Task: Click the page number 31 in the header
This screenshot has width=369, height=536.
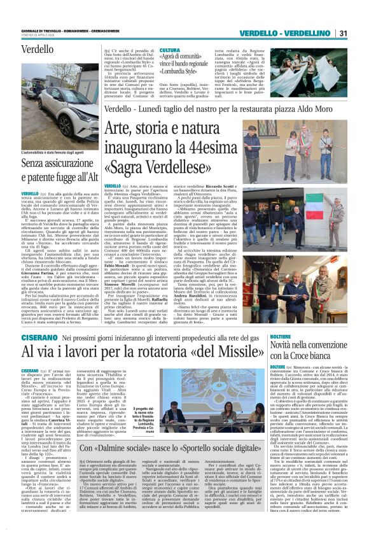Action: tap(342, 34)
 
